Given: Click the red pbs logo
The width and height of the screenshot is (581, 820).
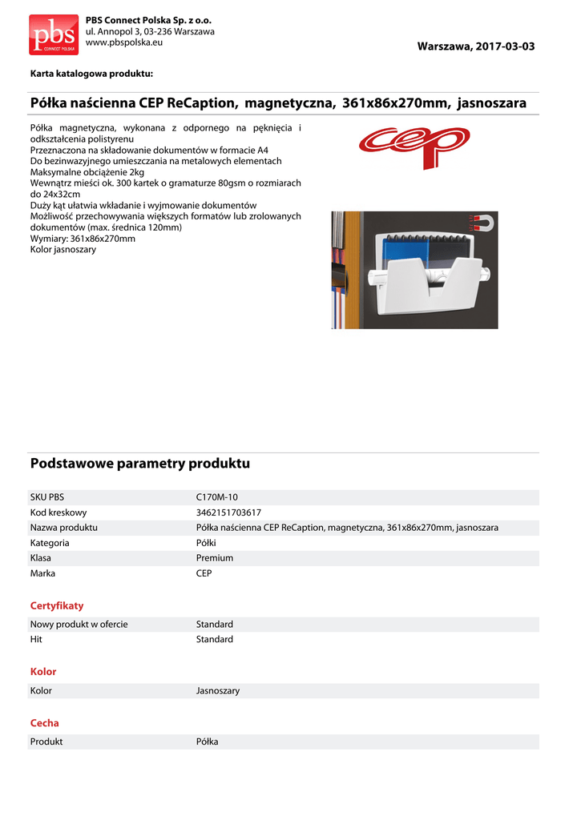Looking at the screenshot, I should tap(54, 34).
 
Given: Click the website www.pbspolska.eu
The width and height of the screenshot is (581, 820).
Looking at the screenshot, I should tap(123, 42).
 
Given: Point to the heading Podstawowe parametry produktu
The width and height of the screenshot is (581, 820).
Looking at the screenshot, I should tap(140, 464).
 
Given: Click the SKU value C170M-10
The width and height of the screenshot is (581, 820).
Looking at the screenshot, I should tap(216, 497).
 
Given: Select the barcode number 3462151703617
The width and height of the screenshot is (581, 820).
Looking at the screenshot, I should tap(228, 512).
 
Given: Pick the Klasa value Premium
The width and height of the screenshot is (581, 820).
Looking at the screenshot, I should tap(215, 558).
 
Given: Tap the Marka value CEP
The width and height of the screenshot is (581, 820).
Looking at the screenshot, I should tap(204, 573).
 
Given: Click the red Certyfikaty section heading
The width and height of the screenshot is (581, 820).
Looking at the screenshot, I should tap(57, 605).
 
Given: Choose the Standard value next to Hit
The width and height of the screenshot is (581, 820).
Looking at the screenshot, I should tap(215, 640).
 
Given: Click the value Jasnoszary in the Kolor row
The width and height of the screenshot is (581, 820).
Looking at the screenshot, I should tap(218, 690).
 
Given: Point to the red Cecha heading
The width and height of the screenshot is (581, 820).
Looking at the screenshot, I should tap(45, 723).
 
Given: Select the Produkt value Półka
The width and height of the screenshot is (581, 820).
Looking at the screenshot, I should tap(208, 742).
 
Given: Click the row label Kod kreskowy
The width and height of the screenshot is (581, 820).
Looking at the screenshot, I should tap(59, 512).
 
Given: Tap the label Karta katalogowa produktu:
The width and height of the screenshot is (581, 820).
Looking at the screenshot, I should tap(91, 74).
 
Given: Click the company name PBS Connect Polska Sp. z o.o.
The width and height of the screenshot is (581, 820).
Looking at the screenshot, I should tap(148, 19).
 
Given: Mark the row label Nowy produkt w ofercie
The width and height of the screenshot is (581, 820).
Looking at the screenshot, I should tap(79, 625).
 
